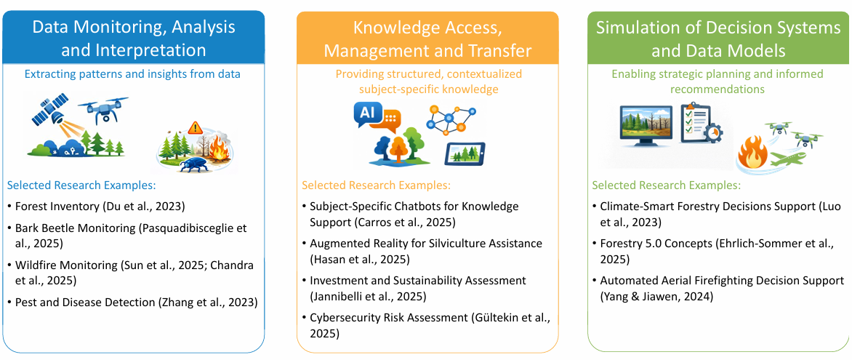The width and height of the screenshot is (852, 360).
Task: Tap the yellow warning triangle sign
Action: [195, 128]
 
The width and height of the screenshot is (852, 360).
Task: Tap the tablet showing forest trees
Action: [465, 155]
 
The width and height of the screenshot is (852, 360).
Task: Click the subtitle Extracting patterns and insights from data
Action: [133, 74]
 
